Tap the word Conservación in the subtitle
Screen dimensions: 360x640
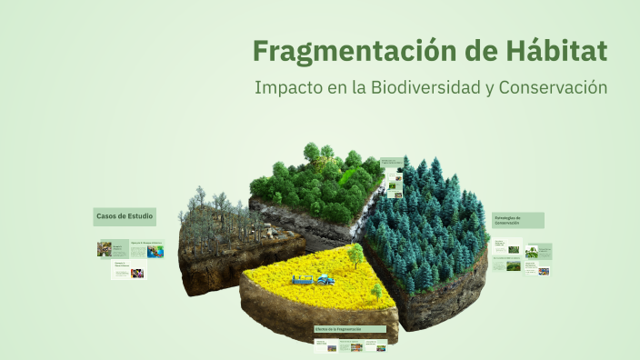tap(553, 88)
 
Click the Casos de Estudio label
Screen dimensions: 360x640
tap(125, 216)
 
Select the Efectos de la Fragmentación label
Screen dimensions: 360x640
tap(349, 328)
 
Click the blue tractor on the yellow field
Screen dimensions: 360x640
tap(324, 278)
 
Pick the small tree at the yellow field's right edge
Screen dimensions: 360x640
tap(377, 292)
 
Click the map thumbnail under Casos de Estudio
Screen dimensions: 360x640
tap(155, 250)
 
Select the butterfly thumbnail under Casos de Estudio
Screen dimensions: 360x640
tap(105, 248)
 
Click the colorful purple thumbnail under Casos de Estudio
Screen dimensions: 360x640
tap(136, 272)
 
